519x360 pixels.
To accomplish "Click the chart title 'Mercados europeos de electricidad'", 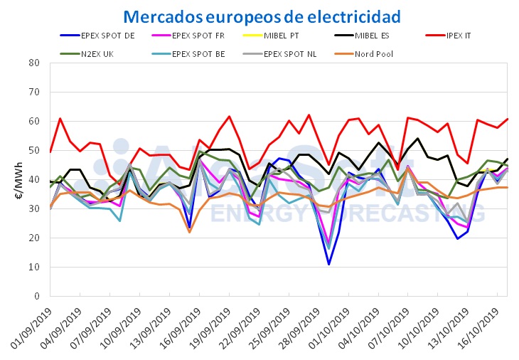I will coord(261,16).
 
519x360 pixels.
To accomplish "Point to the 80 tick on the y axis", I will coord(34,63).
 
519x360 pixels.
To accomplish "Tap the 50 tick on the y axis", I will coord(34,150).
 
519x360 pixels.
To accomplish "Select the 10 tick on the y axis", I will coord(34,267).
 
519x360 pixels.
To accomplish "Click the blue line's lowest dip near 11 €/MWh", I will coord(328,265).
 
